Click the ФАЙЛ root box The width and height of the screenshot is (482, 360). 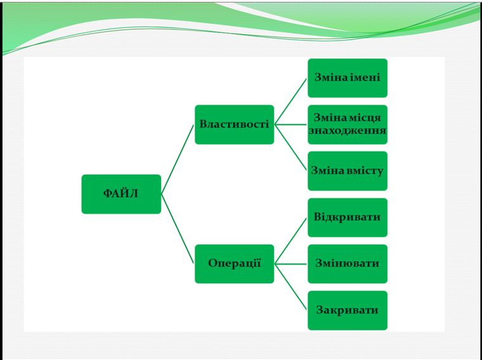point(121,194)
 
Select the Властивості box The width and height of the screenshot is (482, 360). point(234,124)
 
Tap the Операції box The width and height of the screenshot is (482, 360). point(234,264)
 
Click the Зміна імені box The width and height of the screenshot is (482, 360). point(347,78)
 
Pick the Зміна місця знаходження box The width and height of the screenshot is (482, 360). point(347,124)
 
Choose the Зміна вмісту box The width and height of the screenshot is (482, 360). point(347,170)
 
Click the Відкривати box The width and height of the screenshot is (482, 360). point(347,217)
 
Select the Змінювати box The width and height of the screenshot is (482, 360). point(347,264)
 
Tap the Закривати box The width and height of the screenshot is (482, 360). point(347,310)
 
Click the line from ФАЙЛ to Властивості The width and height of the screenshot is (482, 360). point(178,159)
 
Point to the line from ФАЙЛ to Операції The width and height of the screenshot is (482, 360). point(178,229)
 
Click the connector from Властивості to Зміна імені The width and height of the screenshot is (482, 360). point(291,101)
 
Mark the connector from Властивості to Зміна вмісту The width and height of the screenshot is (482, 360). point(291,148)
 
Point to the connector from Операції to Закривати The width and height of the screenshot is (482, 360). point(291,287)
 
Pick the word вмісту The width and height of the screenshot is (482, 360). point(365,170)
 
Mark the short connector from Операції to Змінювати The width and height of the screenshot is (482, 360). point(291,264)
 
